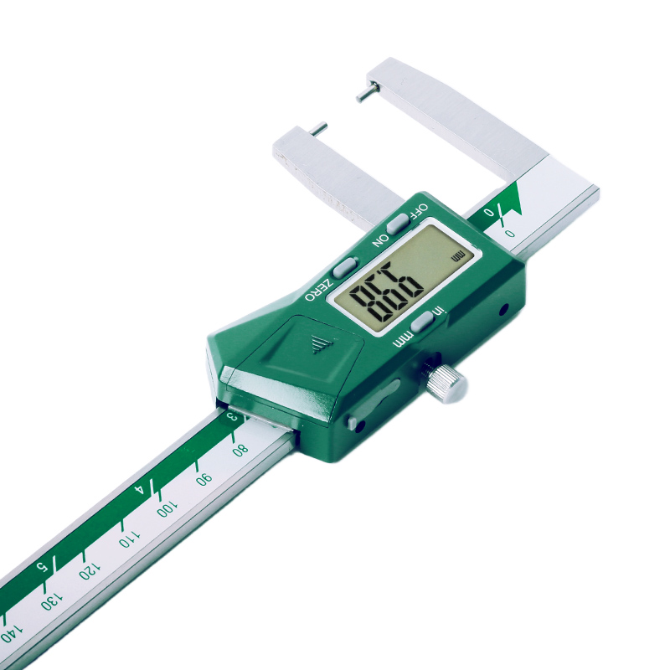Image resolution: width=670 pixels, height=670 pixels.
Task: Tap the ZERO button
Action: click(344, 267)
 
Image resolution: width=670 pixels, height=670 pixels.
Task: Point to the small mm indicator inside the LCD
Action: click(456, 255)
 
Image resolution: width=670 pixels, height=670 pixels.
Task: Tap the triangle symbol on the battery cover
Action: click(319, 343)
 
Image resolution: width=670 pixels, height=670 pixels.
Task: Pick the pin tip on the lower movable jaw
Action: click(318, 128)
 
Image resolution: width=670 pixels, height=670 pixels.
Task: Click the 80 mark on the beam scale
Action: click(240, 447)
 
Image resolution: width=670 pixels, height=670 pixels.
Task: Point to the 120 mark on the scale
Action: click(86, 572)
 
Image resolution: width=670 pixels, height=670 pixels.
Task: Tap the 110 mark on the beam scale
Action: click(128, 539)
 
